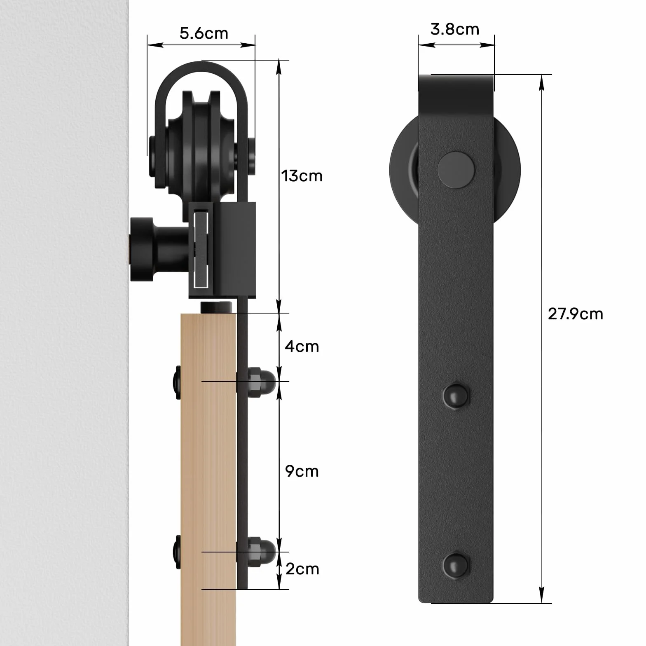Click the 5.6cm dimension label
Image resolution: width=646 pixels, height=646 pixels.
point(204,33)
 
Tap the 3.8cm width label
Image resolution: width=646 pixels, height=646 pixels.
point(454,29)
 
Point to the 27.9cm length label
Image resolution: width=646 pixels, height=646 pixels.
point(575,314)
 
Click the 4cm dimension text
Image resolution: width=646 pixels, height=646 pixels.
point(302,346)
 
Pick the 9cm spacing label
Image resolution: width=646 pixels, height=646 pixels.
point(302,471)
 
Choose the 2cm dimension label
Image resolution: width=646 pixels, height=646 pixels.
point(302,569)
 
